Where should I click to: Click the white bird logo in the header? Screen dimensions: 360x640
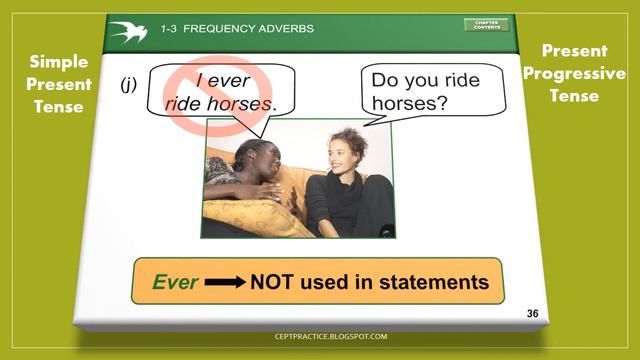[x=129, y=30]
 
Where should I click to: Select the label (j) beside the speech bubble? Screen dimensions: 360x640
[x=129, y=85]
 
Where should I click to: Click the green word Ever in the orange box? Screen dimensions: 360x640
[x=175, y=282]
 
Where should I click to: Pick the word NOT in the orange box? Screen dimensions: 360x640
[x=275, y=282]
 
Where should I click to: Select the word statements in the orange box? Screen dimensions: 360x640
[x=434, y=282]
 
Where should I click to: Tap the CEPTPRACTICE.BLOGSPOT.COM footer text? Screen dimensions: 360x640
[x=319, y=337]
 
